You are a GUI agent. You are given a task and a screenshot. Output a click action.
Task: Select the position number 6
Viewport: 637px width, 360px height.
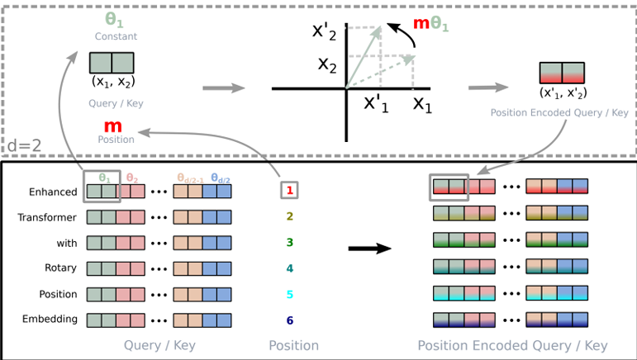(x=289, y=320)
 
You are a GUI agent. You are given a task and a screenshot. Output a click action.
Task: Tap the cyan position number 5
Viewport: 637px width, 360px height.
(x=289, y=294)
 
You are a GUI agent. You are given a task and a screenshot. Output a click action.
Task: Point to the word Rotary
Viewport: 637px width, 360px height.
(x=59, y=268)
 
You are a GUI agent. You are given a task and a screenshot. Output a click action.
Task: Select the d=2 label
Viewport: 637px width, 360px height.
(x=25, y=147)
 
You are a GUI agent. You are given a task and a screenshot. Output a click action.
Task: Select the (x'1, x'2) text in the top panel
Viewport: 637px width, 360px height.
(x=562, y=92)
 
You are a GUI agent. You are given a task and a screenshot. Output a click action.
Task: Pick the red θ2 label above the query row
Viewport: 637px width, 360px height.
(x=131, y=176)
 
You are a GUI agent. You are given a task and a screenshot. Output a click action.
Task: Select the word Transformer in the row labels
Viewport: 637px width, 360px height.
(x=49, y=218)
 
